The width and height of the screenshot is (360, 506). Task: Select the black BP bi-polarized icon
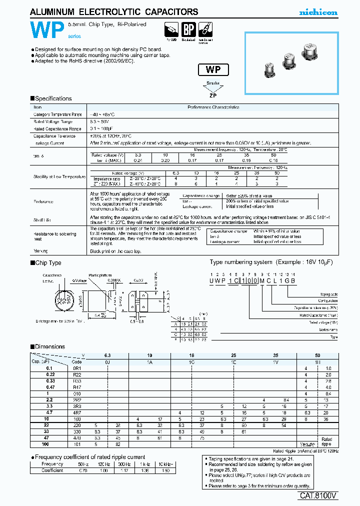(187, 29)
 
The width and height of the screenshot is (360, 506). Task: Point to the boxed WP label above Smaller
(213, 70)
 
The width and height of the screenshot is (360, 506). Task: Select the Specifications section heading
(53, 99)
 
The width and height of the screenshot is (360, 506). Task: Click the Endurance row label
(43, 201)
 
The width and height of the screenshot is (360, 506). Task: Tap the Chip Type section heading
(48, 263)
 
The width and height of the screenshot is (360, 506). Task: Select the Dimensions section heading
(50, 346)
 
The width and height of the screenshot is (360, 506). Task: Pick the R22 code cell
(76, 374)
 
